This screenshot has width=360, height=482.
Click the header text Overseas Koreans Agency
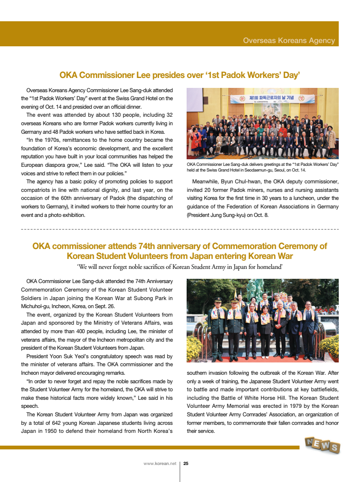pyautogui.click(x=289, y=41)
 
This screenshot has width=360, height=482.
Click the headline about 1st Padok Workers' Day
pyautogui.click(x=180, y=75)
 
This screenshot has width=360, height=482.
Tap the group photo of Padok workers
pyautogui.click(x=263, y=123)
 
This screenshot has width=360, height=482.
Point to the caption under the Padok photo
pyautogui.click(x=263, y=167)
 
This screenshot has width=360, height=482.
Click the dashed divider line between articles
pyautogui.click(x=180, y=229)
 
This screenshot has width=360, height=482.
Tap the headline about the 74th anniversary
pyautogui.click(x=180, y=251)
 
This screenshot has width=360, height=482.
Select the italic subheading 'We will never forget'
pyautogui.click(x=180, y=267)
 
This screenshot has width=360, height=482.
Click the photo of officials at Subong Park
pyautogui.click(x=263, y=320)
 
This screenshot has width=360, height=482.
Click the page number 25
pyautogui.click(x=186, y=464)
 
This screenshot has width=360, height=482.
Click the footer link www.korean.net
pyautogui.click(x=160, y=464)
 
